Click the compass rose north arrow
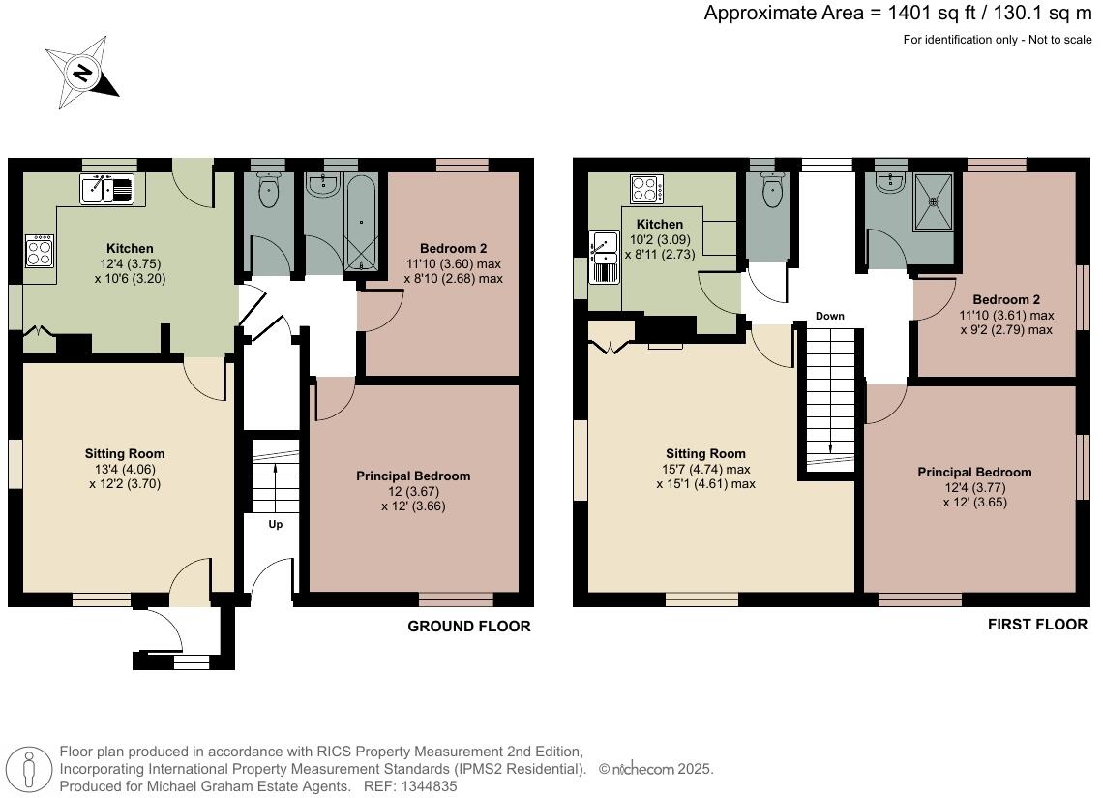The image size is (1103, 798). coord(82,73)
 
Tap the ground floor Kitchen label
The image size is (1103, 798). coord(131,249)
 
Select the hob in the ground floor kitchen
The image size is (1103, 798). coord(40,252)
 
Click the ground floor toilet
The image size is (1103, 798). coord(268,191)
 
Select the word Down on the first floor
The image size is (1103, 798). coord(829,317)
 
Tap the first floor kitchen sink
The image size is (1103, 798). coord(605,257)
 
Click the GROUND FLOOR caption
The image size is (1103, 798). coord(468,627)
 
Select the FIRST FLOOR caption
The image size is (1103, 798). coord(1037,625)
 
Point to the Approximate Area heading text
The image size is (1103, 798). coord(897,14)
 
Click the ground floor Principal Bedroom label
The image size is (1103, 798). coord(413,476)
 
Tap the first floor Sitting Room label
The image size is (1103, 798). coord(705,453)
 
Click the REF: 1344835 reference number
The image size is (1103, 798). coord(398,787)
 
